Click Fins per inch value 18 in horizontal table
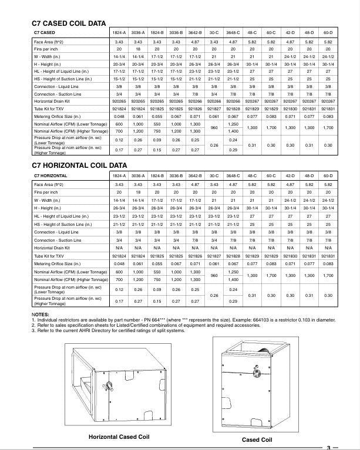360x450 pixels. click(139, 192)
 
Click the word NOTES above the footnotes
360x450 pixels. click(41, 314)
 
